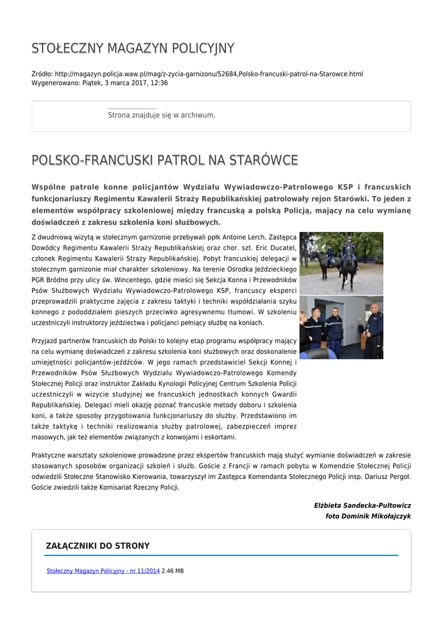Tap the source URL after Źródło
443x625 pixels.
tap(208, 74)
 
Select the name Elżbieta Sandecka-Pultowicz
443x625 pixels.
tap(362, 505)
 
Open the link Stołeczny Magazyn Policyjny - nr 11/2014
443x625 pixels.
tap(103, 571)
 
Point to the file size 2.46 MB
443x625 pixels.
tap(173, 571)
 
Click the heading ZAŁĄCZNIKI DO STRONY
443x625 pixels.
tap(98, 546)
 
